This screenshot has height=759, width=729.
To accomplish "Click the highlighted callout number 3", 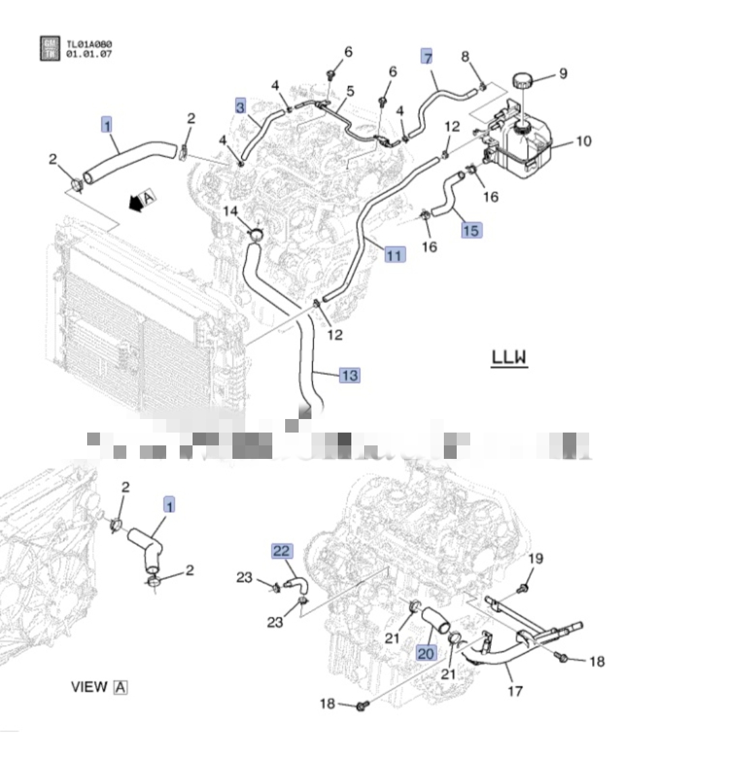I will pos(241,105).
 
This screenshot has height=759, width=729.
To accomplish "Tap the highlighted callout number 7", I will pos(427,57).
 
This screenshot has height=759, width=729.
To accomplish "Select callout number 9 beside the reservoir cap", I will pos(562,74).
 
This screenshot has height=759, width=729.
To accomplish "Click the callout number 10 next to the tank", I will pos(583,141).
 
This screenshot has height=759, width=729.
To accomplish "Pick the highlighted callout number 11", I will pos(394,255).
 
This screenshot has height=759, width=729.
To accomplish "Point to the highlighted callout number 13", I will pos(349,374).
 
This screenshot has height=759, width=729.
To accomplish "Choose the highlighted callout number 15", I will pos(471,230).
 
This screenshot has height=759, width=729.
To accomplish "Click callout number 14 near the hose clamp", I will pos(231,212).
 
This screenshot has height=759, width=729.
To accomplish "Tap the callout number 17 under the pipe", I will pos(516,690).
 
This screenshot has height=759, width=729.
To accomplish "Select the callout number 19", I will pos(535,558).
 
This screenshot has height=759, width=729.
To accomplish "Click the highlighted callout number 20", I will pos(426,653).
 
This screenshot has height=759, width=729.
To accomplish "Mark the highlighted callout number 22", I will pos(282,551).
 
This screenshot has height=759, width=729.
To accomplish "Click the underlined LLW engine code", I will pos(509,357).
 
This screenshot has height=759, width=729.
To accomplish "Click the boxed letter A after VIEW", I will pos(120,687).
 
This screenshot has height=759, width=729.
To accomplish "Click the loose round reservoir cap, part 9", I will pos(522,82).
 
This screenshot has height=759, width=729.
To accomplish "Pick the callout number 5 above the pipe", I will pos(351,91).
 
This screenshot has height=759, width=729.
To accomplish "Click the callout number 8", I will pos(465,57).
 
